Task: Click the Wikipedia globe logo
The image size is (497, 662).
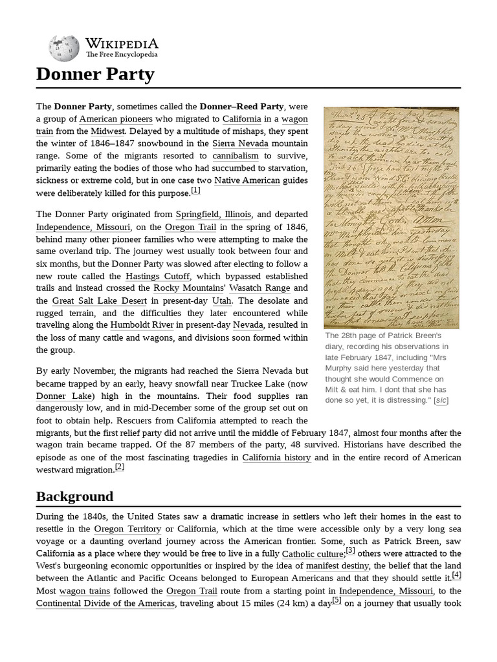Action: (63, 48)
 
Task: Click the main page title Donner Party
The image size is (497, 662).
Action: (95, 74)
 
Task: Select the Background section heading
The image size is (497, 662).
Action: (74, 496)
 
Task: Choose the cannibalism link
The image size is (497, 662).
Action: (236, 156)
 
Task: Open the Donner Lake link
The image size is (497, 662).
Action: (65, 396)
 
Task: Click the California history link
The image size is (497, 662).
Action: (276, 458)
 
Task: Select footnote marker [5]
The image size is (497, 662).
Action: (337, 601)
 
